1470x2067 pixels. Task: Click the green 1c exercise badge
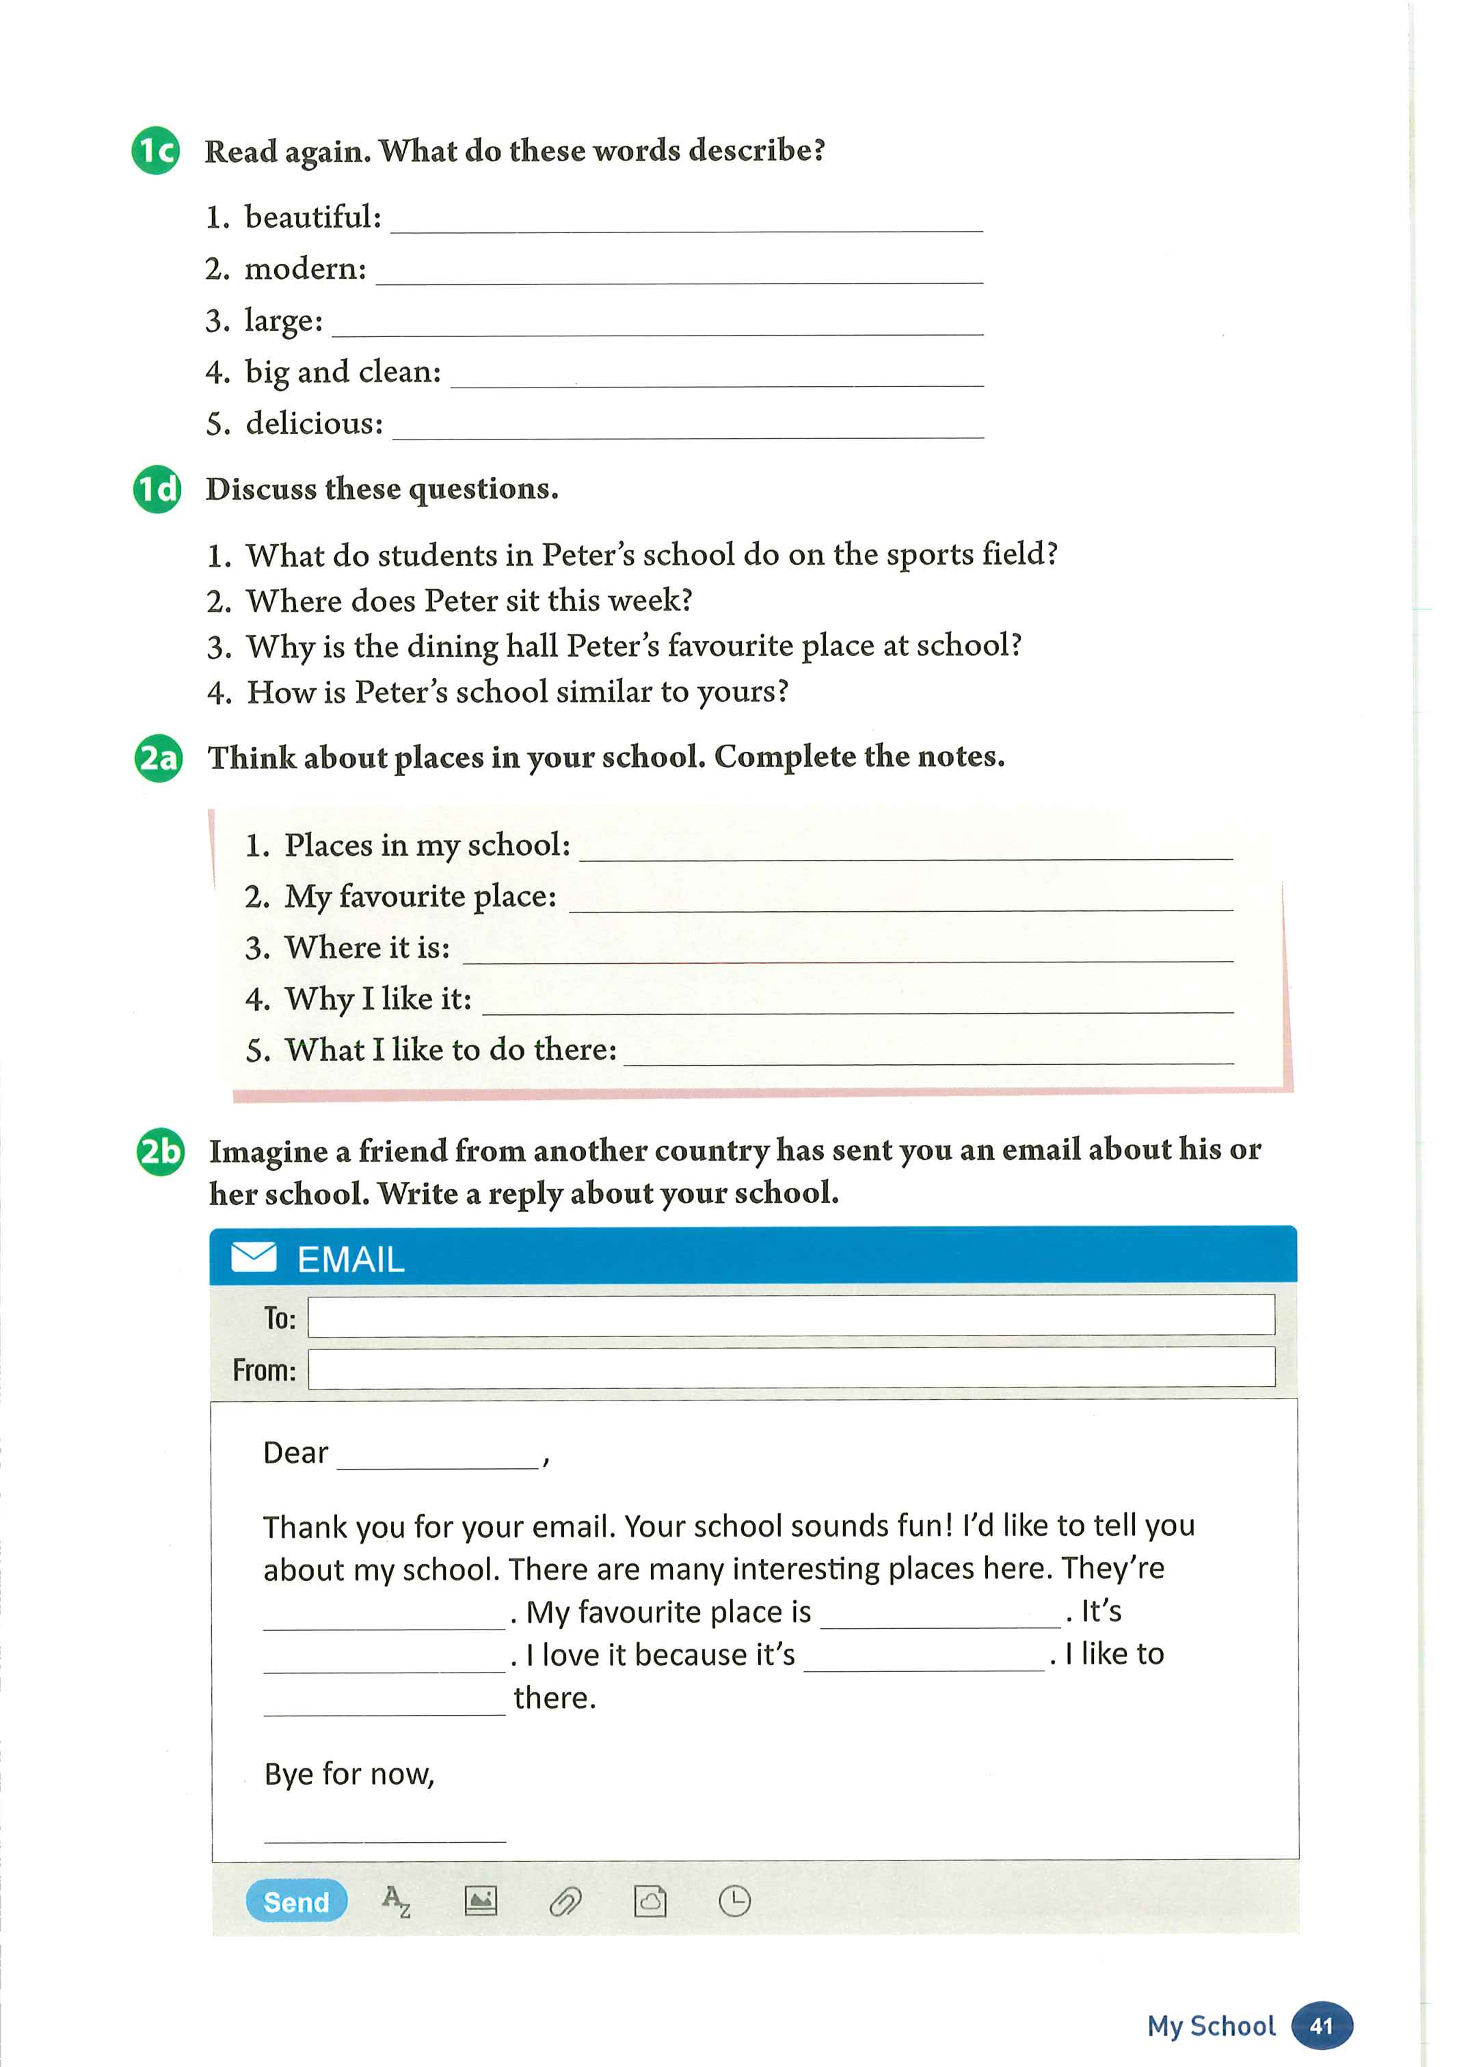tap(156, 150)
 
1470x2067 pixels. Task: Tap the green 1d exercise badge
tap(157, 489)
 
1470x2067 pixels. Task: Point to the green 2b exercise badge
tap(160, 1151)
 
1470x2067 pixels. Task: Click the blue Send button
tap(296, 1902)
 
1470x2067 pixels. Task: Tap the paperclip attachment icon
tap(565, 1902)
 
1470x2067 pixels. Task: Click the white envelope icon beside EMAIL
tap(254, 1257)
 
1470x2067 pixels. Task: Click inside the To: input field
tap(790, 1315)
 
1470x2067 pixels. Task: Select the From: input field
tap(790, 1368)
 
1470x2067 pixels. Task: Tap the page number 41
tap(1322, 2025)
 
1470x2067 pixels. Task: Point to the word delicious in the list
tap(314, 424)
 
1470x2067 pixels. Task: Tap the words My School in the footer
tap(1211, 2025)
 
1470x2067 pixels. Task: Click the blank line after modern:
tap(679, 274)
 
